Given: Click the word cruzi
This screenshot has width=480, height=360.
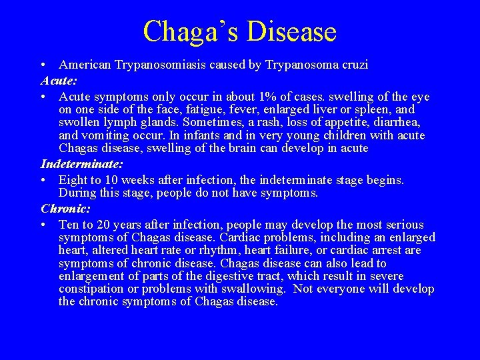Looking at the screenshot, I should coord(355,65).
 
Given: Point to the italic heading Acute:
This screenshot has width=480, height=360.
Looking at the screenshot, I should coord(59,81).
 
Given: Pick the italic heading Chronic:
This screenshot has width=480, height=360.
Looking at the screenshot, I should coord(65,209).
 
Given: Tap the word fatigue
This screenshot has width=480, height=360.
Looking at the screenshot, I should coord(180,109).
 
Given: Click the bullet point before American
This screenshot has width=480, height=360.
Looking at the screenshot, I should coord(43,65).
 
